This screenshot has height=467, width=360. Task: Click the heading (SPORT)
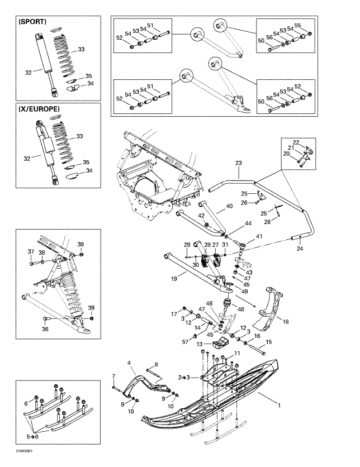32,22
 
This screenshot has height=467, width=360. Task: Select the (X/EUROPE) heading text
39,109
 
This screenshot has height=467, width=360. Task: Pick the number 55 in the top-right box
314,26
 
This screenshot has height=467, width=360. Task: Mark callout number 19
174,277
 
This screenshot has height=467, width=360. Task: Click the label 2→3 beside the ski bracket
183,378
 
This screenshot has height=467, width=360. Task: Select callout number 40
229,207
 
